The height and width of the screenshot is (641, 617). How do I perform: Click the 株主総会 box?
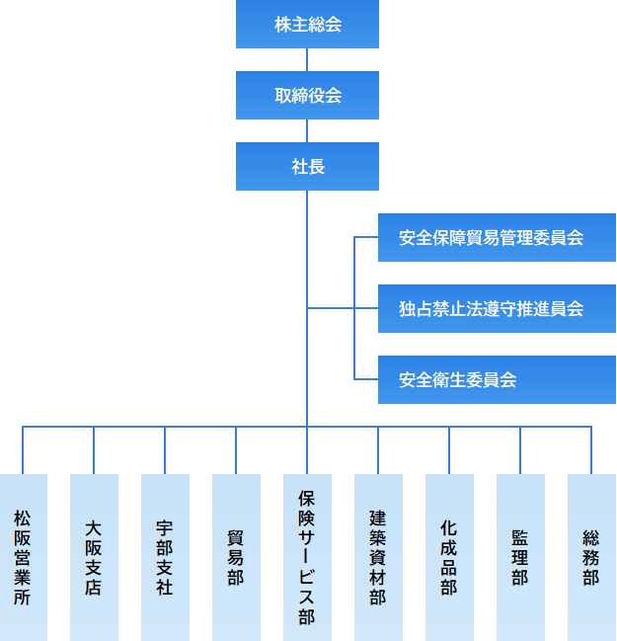(x=307, y=25)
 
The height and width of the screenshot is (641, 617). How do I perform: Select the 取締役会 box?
(x=307, y=96)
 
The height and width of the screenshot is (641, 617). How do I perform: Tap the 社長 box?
(x=307, y=167)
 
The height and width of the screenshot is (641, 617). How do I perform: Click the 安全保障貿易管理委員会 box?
(x=497, y=238)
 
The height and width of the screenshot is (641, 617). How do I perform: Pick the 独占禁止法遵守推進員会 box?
(x=497, y=309)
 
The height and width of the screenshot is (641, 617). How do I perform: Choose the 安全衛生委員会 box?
(x=497, y=380)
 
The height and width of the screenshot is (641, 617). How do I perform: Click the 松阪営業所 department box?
(x=23, y=557)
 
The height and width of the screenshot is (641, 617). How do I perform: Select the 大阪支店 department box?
(x=94, y=557)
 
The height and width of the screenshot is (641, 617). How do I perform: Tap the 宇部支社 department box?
(x=165, y=557)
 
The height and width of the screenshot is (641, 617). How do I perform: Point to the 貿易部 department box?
(x=236, y=557)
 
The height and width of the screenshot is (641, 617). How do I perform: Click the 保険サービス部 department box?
(x=307, y=557)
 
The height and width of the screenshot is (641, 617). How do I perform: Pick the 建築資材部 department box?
(x=378, y=557)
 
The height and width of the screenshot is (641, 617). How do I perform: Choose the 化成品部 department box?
(x=449, y=557)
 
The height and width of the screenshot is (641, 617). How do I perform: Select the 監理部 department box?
(x=520, y=557)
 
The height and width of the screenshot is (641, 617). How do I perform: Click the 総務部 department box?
(x=591, y=557)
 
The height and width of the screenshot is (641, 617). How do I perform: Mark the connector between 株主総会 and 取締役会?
(x=307, y=59)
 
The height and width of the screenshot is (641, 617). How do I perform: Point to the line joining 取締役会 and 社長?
(x=307, y=130)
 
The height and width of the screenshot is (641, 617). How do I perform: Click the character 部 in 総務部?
(x=591, y=578)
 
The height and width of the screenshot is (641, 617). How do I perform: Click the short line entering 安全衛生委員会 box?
(x=366, y=380)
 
